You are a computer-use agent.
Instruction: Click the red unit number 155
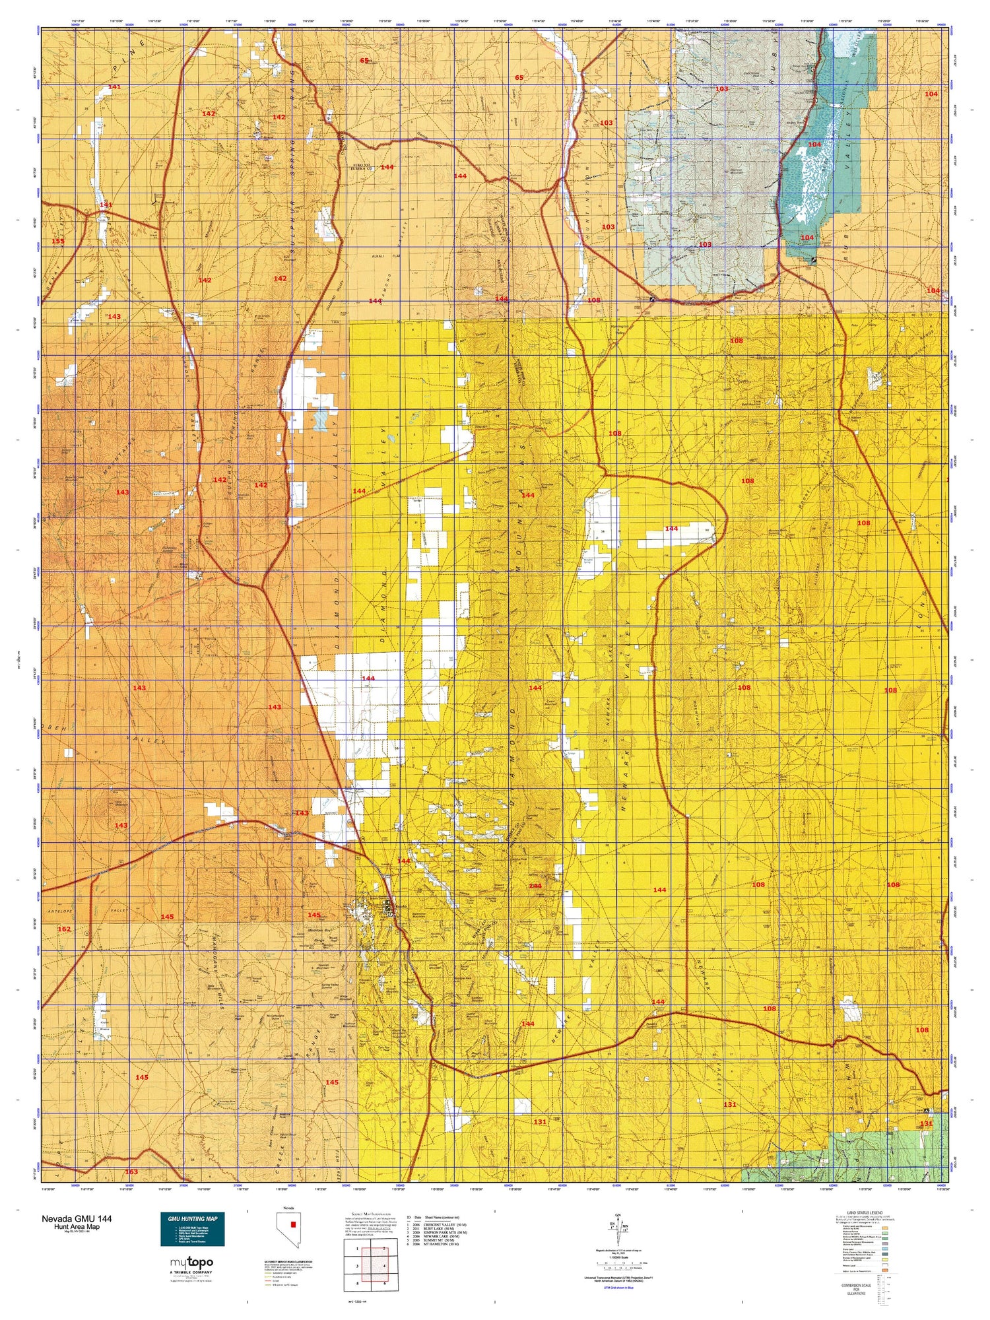pos(58,241)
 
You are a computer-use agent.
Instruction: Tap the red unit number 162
pos(64,929)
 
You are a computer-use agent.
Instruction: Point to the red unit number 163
pos(131,1171)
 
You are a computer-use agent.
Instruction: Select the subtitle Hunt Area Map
pos(77,1226)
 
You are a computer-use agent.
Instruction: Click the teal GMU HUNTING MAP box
pos(192,1228)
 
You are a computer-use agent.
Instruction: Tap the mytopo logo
pos(192,1263)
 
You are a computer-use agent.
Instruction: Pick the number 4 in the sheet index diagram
pos(383,1266)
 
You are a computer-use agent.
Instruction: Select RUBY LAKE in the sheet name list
pos(440,1229)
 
